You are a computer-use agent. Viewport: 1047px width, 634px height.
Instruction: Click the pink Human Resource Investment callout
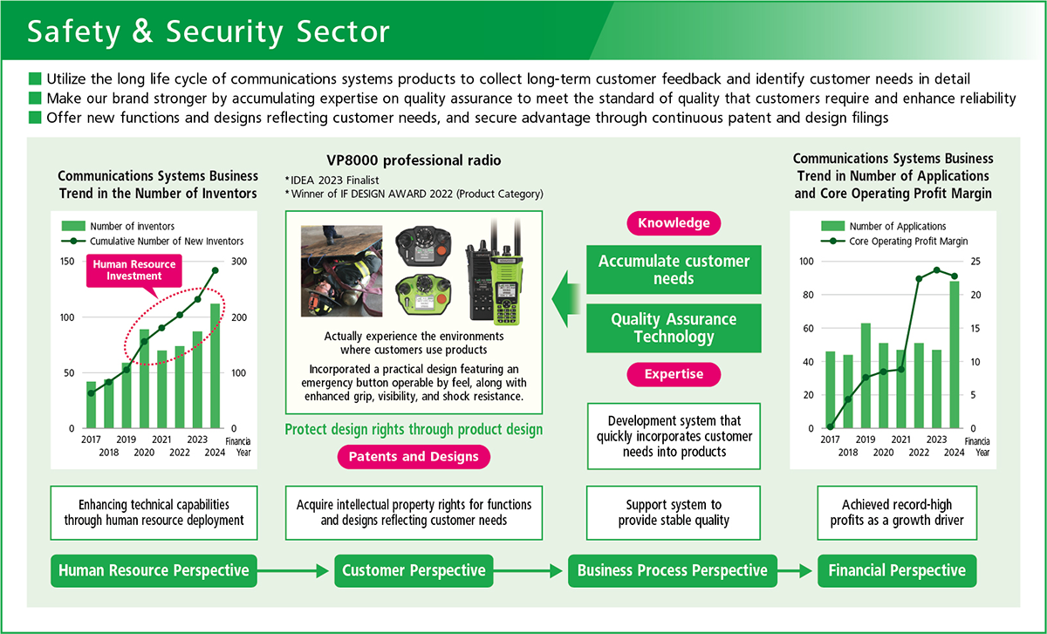click(134, 269)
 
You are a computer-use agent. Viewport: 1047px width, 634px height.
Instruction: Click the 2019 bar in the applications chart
click(866, 376)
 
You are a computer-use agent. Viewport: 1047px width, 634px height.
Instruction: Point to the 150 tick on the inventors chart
click(67, 262)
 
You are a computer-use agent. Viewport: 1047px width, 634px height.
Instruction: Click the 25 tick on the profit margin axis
click(975, 262)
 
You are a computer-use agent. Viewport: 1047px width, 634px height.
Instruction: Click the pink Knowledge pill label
click(674, 223)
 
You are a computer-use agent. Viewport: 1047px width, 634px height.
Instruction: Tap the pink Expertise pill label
click(674, 374)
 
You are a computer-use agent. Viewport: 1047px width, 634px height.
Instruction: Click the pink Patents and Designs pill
click(414, 457)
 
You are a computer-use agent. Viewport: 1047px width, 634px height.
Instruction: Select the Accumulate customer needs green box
click(674, 269)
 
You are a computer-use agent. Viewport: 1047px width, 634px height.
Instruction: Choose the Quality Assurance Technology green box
click(674, 328)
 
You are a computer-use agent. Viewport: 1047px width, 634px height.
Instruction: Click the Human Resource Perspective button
click(154, 570)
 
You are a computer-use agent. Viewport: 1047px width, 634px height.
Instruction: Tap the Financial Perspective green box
click(896, 570)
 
